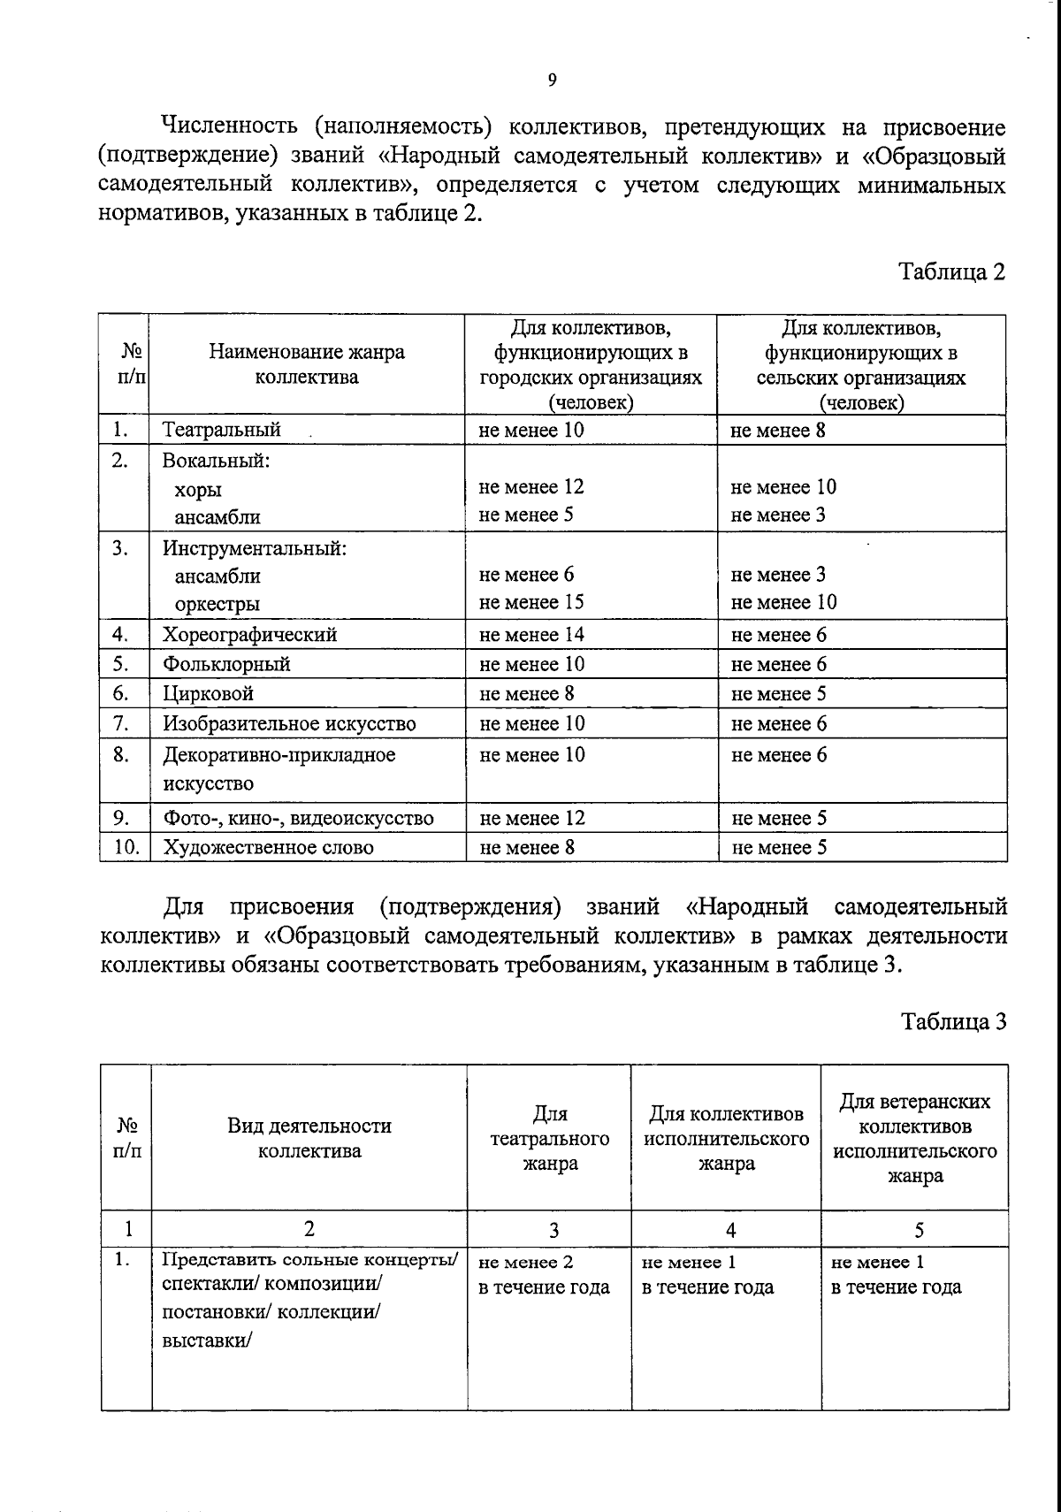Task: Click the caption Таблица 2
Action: (952, 271)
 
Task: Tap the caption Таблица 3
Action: (953, 1022)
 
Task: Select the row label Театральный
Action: (221, 431)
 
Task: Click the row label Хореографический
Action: (249, 635)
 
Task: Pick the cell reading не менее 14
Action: (531, 635)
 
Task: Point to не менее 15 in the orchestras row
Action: (531, 603)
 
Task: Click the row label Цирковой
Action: (208, 694)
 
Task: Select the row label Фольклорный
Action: (226, 664)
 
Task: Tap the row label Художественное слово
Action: (268, 848)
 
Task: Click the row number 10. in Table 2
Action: (127, 847)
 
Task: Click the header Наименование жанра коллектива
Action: (307, 364)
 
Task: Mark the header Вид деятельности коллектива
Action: (309, 1138)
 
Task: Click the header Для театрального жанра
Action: (550, 1139)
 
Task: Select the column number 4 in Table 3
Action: (730, 1230)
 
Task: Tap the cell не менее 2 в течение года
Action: (544, 1274)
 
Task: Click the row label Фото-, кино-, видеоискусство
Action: (298, 819)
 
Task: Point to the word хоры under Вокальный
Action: (198, 490)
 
